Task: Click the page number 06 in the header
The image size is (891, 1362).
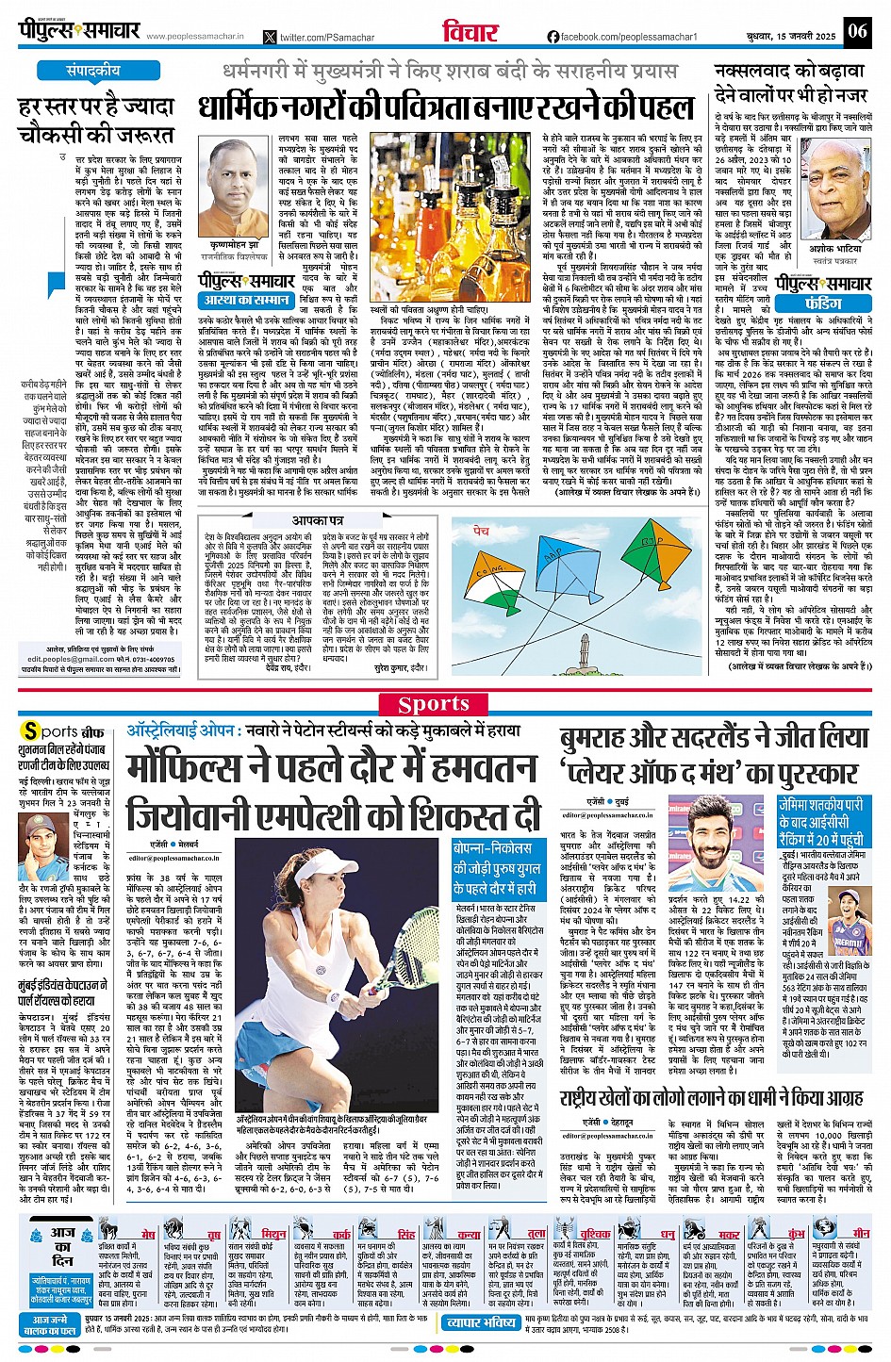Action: click(x=856, y=30)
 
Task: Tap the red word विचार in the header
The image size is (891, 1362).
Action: click(x=470, y=30)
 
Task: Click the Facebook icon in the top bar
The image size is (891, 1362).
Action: click(x=553, y=37)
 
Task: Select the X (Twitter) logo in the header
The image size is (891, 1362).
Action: click(x=271, y=37)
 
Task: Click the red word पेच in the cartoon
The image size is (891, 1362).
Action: click(x=481, y=532)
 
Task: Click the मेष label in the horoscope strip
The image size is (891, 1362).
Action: click(x=147, y=1234)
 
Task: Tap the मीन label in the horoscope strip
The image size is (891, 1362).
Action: click(x=860, y=1234)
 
